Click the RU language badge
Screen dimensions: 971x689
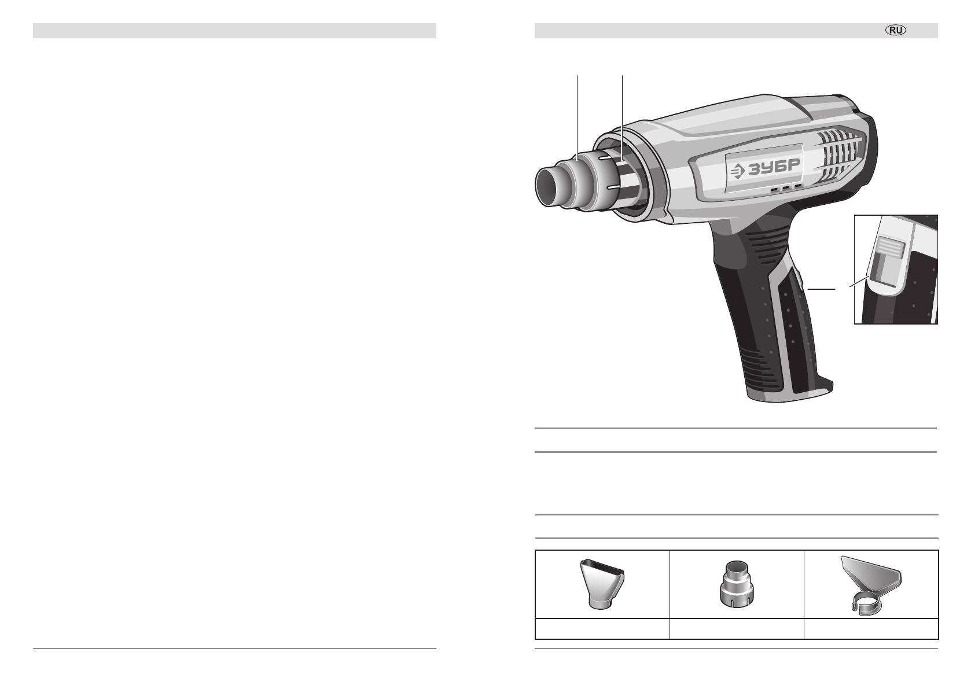pos(895,30)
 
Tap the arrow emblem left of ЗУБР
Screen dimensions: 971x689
pos(737,172)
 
